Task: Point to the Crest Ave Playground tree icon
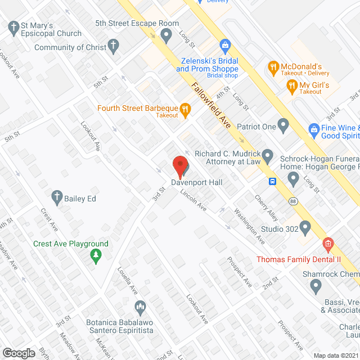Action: coord(96,256)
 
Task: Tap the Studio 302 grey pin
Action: coord(305,228)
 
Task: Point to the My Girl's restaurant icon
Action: coord(291,86)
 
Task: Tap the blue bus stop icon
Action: coord(272,181)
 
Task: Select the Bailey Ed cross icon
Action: coord(57,196)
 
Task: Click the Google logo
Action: coord(19,353)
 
